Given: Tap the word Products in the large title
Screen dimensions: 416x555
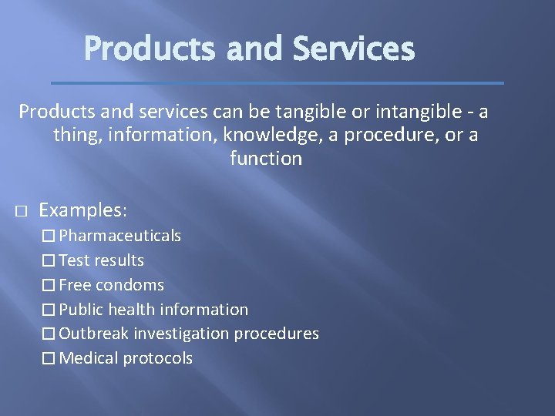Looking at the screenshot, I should [x=151, y=49].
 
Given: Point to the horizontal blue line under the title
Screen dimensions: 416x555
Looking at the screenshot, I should [x=277, y=82].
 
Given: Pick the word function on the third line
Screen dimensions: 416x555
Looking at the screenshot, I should [x=266, y=159].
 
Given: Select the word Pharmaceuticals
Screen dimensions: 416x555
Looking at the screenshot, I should [x=120, y=236].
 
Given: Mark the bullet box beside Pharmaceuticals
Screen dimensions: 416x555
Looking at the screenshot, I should [x=49, y=236].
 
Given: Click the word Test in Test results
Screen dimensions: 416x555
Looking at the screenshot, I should [x=74, y=260].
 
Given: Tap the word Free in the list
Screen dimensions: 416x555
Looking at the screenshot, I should [x=75, y=285].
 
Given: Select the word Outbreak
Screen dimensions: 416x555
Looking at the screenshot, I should [x=94, y=334].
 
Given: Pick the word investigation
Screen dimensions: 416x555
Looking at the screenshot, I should [x=181, y=334].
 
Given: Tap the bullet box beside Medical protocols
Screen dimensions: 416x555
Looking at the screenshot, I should [x=49, y=358].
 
